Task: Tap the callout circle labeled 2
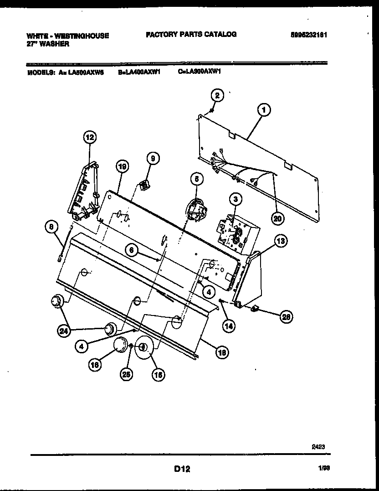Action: click(218, 95)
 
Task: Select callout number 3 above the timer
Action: click(236, 199)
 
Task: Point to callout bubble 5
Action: click(196, 179)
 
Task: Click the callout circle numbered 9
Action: click(153, 159)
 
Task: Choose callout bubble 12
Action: click(90, 137)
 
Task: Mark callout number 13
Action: click(281, 242)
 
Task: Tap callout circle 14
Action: click(229, 326)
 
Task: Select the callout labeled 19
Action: click(121, 167)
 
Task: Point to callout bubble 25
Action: click(125, 374)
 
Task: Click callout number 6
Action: click(131, 250)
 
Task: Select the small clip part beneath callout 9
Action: click(145, 186)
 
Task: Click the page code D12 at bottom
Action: click(182, 469)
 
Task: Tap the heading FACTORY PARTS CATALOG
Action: click(191, 34)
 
